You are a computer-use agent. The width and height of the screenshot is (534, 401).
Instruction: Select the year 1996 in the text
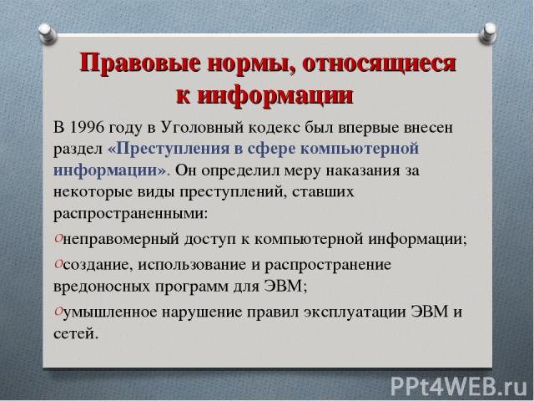click(87, 128)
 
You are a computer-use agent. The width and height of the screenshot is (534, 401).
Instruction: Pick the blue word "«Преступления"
click(169, 149)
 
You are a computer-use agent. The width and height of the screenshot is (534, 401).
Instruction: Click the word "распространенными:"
click(130, 215)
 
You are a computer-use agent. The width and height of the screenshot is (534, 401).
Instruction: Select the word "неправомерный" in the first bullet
click(121, 240)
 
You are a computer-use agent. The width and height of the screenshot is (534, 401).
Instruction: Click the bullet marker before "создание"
click(58, 264)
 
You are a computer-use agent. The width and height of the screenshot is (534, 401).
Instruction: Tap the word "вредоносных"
click(102, 287)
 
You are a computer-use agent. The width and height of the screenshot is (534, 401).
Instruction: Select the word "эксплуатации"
click(355, 312)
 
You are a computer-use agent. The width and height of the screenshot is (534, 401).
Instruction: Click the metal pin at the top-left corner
click(47, 34)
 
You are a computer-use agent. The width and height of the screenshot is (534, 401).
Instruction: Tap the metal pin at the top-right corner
click(488, 33)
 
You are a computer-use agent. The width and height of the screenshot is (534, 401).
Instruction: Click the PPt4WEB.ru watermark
click(459, 386)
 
